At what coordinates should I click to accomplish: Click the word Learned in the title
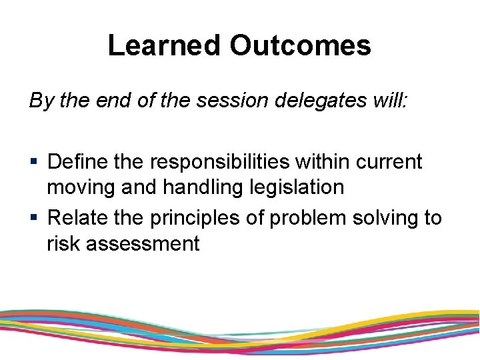point(164,45)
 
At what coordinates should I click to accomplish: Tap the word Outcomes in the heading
point(300,45)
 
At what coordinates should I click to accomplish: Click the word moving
point(81,188)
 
